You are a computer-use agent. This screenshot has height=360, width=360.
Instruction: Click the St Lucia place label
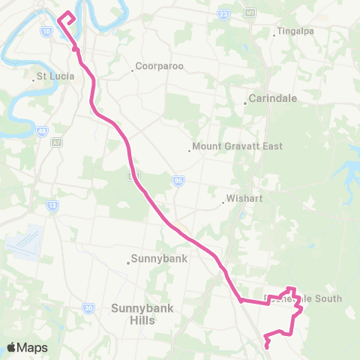(55, 76)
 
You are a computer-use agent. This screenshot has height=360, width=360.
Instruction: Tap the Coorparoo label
(160, 67)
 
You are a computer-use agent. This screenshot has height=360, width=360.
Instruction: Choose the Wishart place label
(244, 200)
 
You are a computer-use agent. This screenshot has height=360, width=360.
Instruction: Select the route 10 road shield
(46, 31)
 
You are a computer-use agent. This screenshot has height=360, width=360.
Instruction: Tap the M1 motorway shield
(250, 13)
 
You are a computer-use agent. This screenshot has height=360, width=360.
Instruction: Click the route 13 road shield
(52, 203)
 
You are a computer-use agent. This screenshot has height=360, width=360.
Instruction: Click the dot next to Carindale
(246, 103)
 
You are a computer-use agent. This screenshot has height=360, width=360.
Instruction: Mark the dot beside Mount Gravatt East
(190, 149)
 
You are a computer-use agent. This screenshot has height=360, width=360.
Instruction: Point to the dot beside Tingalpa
(276, 31)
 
